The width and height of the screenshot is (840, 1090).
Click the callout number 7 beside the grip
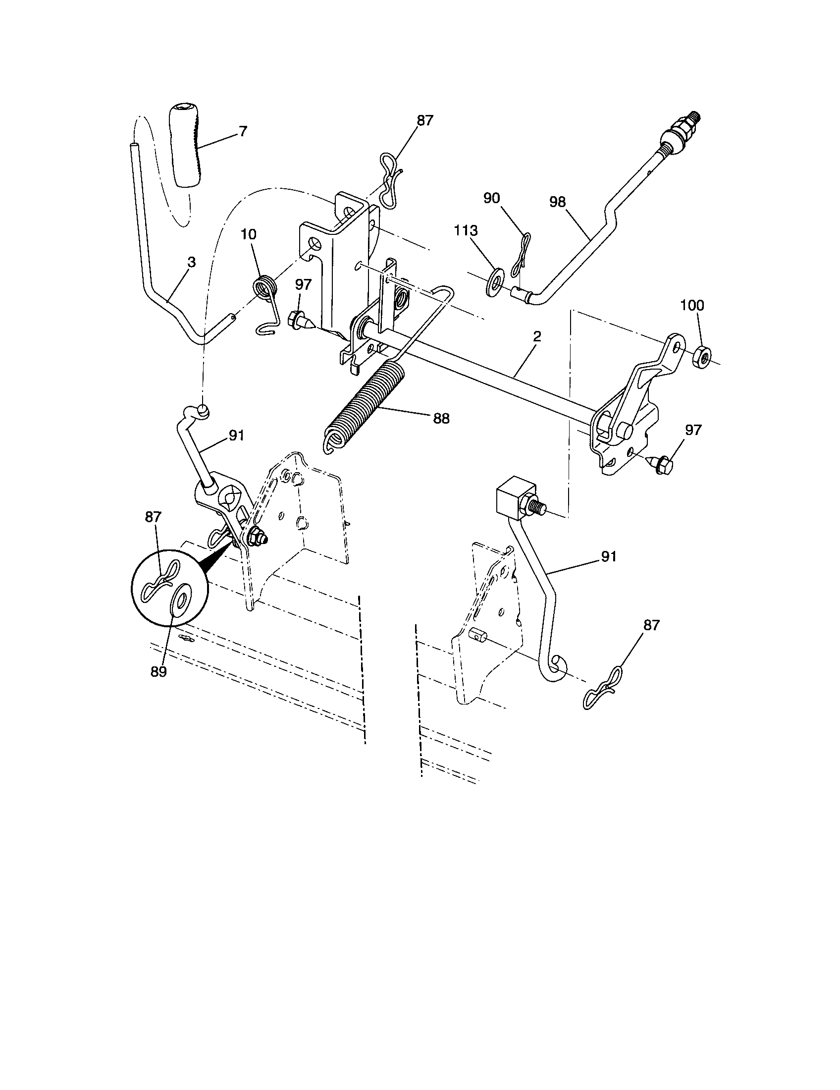[243, 132]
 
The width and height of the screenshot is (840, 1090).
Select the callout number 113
[466, 230]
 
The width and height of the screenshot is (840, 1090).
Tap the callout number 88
[441, 418]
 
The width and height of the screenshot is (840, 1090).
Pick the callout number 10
[249, 234]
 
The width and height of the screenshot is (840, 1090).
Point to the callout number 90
[491, 198]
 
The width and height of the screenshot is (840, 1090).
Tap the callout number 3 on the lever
[192, 263]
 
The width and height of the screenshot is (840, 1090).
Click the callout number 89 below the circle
[158, 671]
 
